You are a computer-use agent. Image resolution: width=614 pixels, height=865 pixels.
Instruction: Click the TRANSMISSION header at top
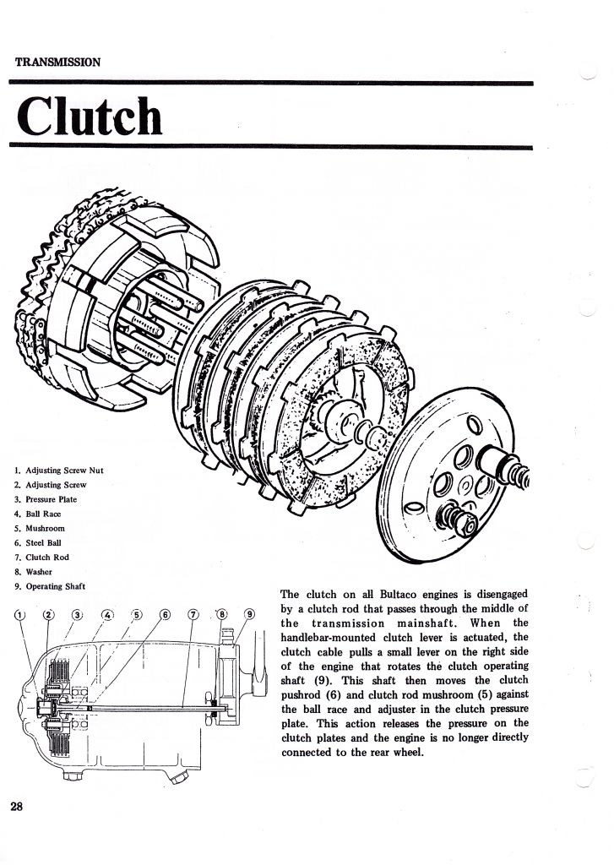[x=58, y=63]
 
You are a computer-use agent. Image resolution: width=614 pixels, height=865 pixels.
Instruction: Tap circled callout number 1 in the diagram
[x=19, y=613]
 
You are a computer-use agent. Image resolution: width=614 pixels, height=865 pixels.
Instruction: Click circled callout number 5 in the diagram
[x=137, y=613]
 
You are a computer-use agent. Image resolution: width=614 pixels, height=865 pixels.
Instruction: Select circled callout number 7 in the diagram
[x=193, y=613]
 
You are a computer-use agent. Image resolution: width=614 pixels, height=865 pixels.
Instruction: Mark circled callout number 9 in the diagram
[x=249, y=613]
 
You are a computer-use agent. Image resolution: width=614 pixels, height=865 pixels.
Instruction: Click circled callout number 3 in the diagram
[x=78, y=613]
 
